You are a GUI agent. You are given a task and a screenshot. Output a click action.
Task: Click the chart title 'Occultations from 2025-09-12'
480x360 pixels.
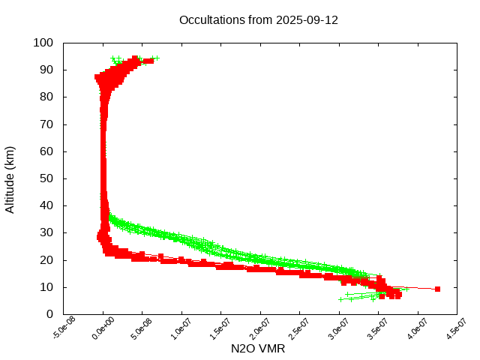pyautogui.click(x=259, y=20)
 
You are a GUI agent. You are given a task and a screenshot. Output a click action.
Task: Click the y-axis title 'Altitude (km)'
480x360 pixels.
pyautogui.click(x=10, y=179)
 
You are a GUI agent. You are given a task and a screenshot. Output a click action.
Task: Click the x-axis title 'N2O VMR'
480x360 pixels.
pyautogui.click(x=258, y=349)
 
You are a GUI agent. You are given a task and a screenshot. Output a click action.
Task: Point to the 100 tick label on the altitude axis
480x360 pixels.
pyautogui.click(x=43, y=43)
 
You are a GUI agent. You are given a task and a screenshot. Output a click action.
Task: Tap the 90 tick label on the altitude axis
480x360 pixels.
pyautogui.click(x=46, y=70)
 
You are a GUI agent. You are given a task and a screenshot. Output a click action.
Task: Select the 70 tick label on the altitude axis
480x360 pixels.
pyautogui.click(x=46, y=124)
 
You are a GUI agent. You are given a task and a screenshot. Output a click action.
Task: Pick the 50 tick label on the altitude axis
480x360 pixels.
pyautogui.click(x=46, y=178)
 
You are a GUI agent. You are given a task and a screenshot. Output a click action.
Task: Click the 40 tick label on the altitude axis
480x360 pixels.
pyautogui.click(x=46, y=205)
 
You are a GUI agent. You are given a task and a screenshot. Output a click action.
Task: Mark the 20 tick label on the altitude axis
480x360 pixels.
pyautogui.click(x=46, y=259)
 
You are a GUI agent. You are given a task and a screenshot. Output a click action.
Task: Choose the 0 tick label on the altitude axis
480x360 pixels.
pyautogui.click(x=49, y=314)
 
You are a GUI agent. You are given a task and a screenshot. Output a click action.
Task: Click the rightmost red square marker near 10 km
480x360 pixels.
pyautogui.click(x=437, y=289)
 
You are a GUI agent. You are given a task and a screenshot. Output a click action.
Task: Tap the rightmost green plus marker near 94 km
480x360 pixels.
pyautogui.click(x=156, y=58)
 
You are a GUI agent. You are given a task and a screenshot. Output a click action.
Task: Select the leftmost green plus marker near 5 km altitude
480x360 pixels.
pyautogui.click(x=341, y=299)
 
